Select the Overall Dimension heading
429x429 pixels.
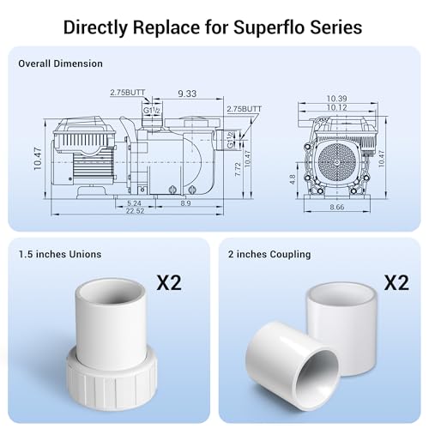(x=60, y=63)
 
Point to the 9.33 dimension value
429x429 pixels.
(x=187, y=94)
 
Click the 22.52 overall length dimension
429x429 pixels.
(x=136, y=211)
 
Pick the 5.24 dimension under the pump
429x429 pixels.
(x=134, y=203)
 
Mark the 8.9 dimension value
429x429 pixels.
(x=185, y=203)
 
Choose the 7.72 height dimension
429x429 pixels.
(x=238, y=169)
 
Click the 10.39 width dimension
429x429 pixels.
(x=336, y=99)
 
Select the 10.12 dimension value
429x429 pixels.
(x=336, y=107)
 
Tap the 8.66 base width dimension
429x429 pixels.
(x=337, y=207)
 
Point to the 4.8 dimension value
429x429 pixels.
(x=292, y=179)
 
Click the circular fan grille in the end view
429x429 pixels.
(x=337, y=162)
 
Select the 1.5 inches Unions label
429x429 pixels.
(x=60, y=254)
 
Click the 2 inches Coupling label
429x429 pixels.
(x=269, y=254)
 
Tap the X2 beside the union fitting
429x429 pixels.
(x=169, y=282)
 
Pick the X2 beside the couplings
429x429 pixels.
(x=396, y=282)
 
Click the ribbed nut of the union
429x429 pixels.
(x=112, y=379)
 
